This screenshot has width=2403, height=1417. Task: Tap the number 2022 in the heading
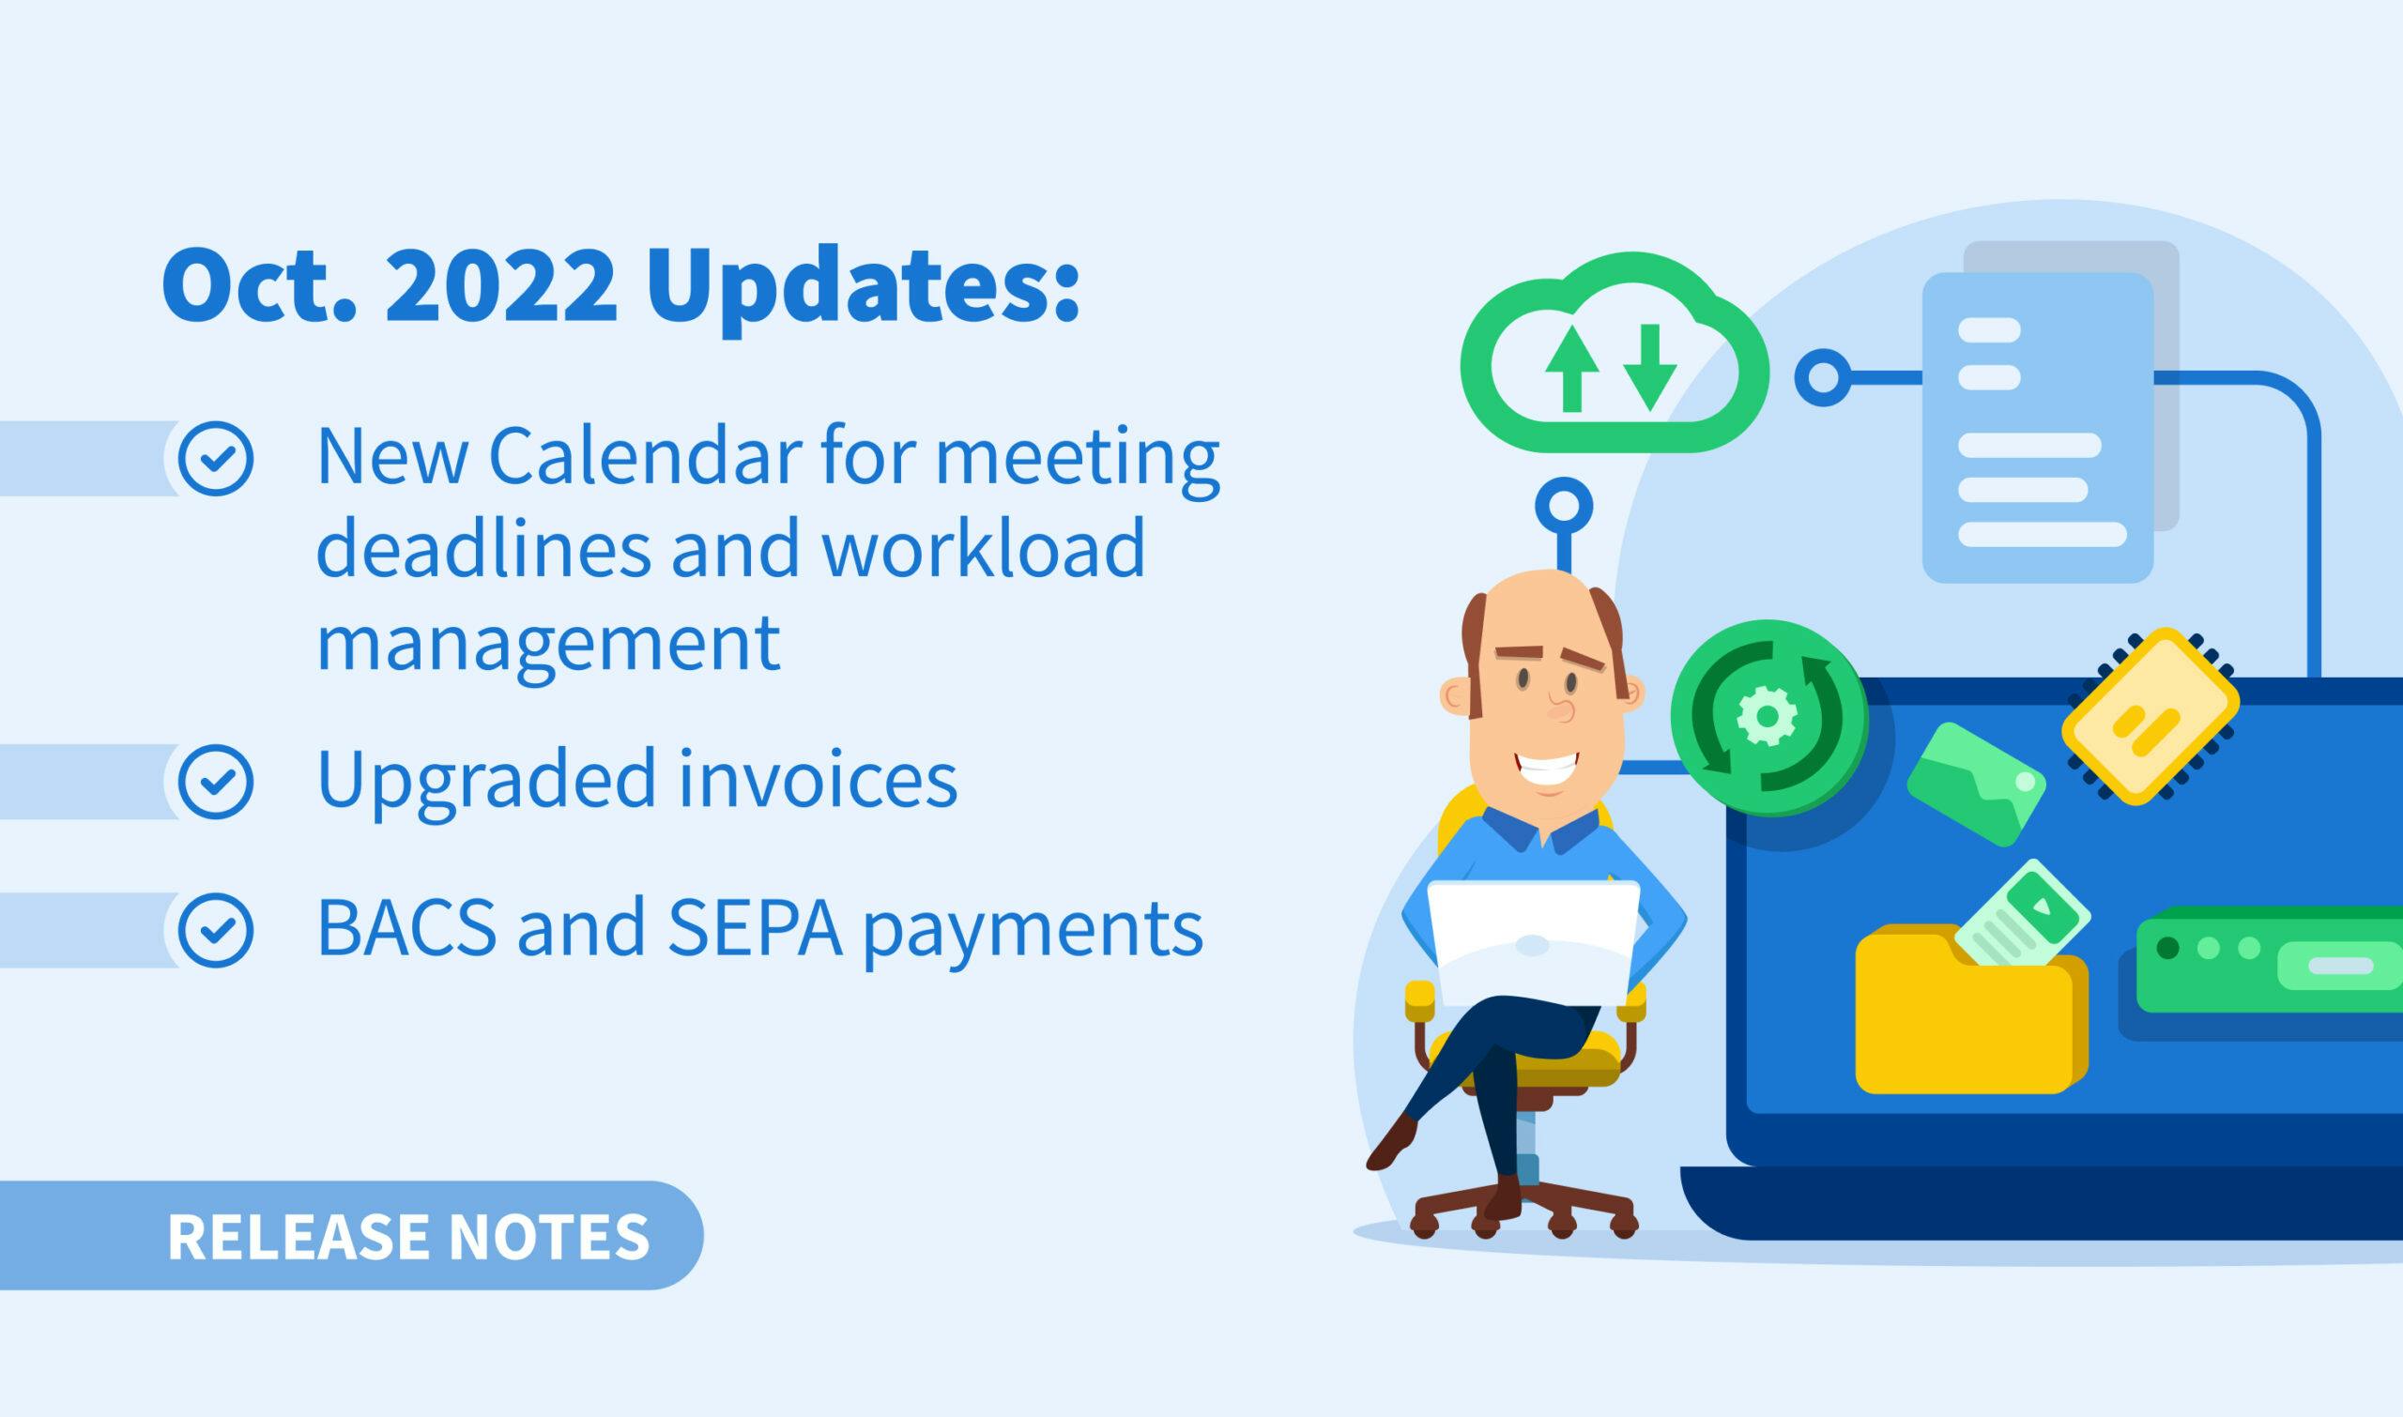(500, 287)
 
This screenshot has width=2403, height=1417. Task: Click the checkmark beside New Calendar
(216, 458)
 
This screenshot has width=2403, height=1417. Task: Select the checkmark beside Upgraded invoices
(216, 782)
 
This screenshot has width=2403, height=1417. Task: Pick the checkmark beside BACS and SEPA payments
(216, 930)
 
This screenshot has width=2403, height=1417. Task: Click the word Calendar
(645, 457)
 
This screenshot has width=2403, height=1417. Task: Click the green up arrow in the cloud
(1572, 370)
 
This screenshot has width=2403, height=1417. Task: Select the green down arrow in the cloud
(1649, 369)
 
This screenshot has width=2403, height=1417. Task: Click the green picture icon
(1976, 783)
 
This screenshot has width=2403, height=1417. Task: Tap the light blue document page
(2037, 427)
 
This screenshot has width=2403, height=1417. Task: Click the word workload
(983, 551)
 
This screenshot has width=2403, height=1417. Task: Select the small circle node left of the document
(1823, 377)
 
